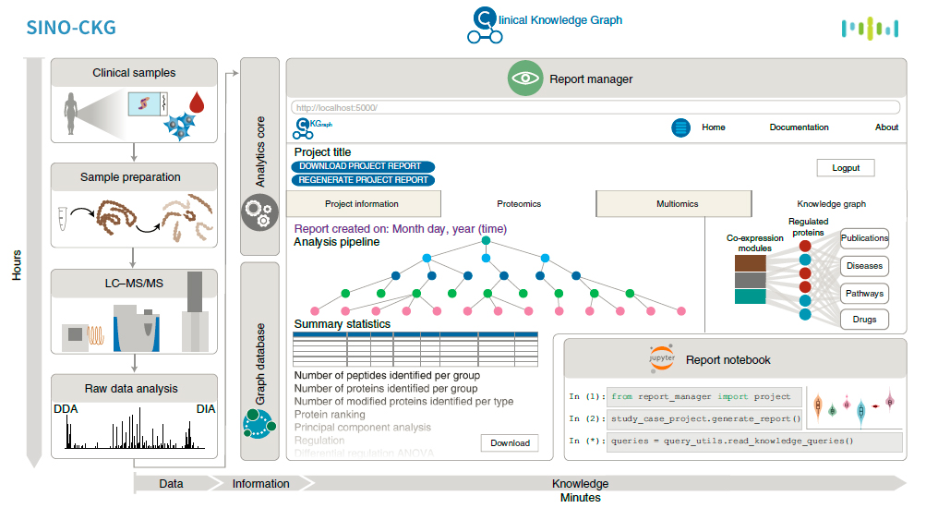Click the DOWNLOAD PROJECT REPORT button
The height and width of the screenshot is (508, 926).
[360, 166]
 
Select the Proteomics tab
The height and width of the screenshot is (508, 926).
[519, 204]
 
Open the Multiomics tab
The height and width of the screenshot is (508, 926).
[677, 204]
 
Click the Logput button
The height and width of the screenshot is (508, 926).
[845, 168]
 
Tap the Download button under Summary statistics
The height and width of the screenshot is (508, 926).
[510, 443]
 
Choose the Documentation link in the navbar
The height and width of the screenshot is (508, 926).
[799, 127]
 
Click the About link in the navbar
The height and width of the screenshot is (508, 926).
[886, 127]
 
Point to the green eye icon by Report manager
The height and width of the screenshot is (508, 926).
[525, 79]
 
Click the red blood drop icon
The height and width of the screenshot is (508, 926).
[196, 100]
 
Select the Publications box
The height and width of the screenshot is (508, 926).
[865, 238]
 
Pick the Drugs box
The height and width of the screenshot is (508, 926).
[865, 320]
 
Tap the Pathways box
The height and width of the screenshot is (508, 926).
[865, 294]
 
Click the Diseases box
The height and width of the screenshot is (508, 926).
[865, 266]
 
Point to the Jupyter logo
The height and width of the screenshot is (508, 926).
[662, 358]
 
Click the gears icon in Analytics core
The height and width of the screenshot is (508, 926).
[259, 212]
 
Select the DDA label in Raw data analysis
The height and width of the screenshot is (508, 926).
[66, 409]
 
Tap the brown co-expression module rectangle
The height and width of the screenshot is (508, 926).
[750, 262]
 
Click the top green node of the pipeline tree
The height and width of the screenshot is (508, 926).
[485, 241]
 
